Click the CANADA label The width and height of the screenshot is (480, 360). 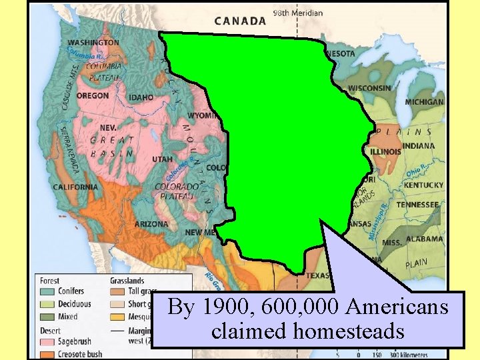[240, 21]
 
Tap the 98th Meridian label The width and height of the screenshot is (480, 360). [298, 13]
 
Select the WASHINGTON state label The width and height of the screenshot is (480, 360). [93, 43]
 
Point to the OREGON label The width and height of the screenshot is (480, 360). [93, 96]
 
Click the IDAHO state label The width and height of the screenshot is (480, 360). [141, 98]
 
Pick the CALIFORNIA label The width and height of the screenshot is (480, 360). [75, 187]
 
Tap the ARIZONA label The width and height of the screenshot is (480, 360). [151, 225]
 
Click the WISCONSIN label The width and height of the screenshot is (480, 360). [369, 88]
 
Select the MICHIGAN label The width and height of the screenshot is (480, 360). [424, 102]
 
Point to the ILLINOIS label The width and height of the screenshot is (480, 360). [385, 151]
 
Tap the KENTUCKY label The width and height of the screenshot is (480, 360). [423, 185]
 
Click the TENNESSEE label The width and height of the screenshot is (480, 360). [417, 205]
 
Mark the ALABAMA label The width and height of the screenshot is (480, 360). [424, 239]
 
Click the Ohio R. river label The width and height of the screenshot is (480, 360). [415, 170]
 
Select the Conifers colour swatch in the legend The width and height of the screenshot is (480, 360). [47, 291]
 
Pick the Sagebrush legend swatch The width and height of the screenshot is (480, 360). [47, 342]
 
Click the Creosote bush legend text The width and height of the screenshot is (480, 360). [81, 354]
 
